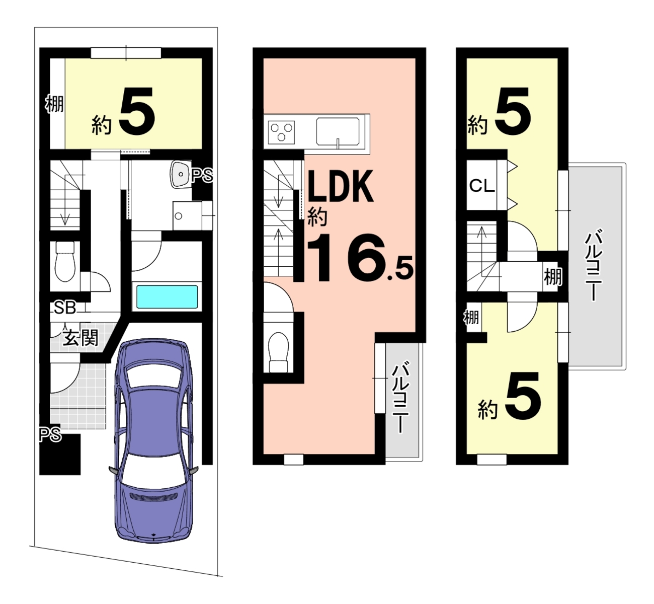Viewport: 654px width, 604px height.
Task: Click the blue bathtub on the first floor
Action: (x=167, y=297)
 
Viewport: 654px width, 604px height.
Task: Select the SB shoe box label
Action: (x=65, y=308)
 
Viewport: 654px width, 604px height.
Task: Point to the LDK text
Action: (x=340, y=186)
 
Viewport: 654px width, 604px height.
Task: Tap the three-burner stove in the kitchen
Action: (x=281, y=132)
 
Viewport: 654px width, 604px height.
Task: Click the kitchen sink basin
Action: (x=339, y=131)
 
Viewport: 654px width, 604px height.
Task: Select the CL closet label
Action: (x=482, y=186)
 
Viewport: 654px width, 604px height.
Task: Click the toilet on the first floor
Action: (x=65, y=261)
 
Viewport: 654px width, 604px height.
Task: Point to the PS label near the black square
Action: (x=50, y=435)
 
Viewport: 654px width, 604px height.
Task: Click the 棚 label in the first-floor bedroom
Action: (x=54, y=104)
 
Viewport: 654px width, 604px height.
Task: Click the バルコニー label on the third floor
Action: (x=594, y=266)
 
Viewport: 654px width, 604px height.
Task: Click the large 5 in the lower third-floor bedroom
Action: (x=523, y=396)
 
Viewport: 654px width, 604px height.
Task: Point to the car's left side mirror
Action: (x=113, y=471)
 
